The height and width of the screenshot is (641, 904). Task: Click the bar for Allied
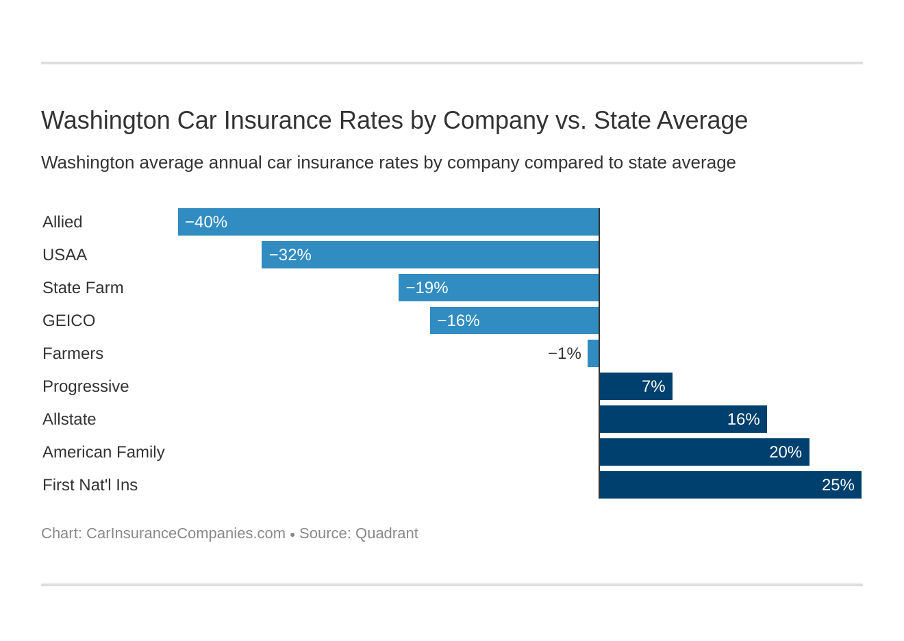388,222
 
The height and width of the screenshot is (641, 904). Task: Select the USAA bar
430,255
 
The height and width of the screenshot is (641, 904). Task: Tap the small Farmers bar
593,353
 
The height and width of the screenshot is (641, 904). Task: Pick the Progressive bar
636,386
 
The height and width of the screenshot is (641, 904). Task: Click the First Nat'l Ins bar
730,485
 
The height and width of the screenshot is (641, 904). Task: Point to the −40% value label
206,222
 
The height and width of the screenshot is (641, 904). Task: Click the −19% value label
427,288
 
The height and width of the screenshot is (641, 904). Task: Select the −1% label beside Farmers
564,353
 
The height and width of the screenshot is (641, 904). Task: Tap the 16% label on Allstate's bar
743,419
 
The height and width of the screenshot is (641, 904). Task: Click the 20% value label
785,452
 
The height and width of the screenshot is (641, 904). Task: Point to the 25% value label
838,485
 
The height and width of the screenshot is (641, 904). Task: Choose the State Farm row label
83,288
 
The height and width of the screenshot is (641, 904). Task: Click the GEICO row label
68,320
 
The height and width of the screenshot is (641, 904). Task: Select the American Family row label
103,452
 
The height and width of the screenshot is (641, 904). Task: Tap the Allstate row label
69,419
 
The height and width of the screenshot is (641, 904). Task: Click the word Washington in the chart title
105,121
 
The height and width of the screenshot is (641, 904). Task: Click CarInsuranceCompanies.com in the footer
186,533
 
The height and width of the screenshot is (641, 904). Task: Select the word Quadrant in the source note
386,533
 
